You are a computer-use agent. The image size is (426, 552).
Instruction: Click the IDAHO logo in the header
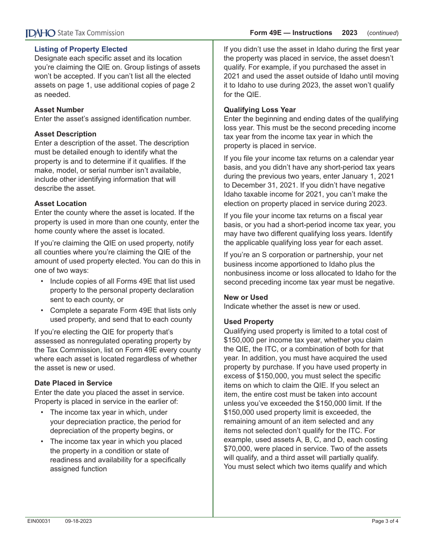tap(40, 33)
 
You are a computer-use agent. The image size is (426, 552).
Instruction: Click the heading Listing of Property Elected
tap(81, 49)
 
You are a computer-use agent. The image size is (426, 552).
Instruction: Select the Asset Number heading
tap(59, 110)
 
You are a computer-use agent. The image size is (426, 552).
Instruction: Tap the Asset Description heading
tap(65, 134)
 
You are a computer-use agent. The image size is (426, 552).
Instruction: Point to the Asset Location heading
tap(61, 203)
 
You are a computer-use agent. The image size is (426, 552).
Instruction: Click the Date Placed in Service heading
tap(74, 383)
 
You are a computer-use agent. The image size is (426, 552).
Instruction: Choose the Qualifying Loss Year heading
tap(260, 110)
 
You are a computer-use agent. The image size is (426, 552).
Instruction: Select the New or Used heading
tap(246, 297)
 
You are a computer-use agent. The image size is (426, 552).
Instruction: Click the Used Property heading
tap(248, 321)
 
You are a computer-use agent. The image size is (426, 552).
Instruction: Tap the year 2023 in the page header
tap(350, 33)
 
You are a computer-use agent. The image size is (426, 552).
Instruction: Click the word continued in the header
tap(383, 33)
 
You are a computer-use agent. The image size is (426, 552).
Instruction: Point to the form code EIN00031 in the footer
tap(38, 521)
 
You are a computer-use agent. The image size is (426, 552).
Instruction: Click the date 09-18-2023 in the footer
tap(78, 521)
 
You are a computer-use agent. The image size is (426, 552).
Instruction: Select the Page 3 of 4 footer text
tap(385, 521)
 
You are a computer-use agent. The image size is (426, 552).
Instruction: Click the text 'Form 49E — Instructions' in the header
tap(291, 33)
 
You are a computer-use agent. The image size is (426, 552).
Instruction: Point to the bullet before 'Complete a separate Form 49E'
tap(42, 310)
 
